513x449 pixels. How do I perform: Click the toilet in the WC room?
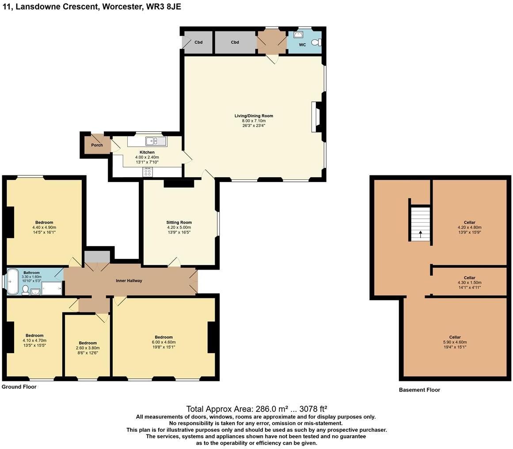316,42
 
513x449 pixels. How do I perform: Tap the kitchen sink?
155,141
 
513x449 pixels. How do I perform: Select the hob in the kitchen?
148,172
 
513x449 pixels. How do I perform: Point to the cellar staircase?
420,223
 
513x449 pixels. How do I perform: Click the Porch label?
97,145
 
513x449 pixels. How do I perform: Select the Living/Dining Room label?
254,116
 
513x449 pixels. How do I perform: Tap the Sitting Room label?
179,222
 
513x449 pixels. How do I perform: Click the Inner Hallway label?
129,281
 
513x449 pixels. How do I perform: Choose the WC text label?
302,45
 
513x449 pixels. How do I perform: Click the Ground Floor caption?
19,387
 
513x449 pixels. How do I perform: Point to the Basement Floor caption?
419,390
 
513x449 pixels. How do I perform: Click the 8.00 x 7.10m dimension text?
254,121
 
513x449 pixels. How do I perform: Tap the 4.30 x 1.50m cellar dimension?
469,282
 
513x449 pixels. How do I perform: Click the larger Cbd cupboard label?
235,42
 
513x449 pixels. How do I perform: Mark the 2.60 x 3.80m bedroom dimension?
87,348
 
